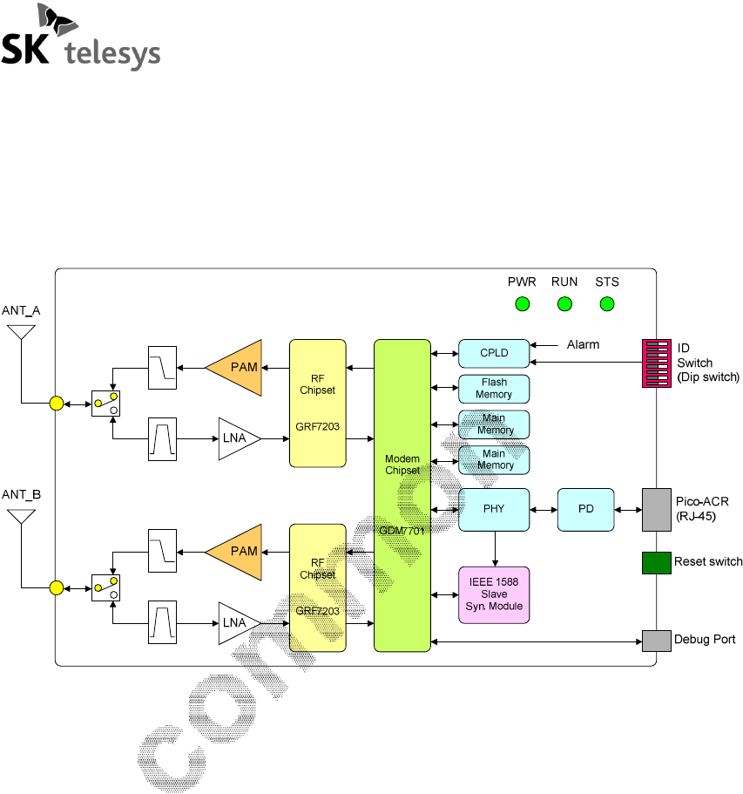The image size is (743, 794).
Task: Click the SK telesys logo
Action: tap(81, 38)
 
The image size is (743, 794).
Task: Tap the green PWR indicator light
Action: tap(522, 303)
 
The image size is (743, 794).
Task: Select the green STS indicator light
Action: tap(607, 303)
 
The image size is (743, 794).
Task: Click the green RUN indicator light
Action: tap(564, 303)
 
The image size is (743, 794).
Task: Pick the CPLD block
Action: tap(493, 353)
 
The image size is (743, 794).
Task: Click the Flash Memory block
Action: tap(493, 389)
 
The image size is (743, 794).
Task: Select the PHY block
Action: tap(493, 509)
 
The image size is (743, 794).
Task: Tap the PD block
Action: tap(585, 509)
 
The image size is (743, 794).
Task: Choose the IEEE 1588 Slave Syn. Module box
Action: tap(493, 594)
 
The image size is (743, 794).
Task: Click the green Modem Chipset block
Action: tap(402, 495)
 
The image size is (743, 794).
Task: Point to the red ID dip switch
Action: tap(656, 363)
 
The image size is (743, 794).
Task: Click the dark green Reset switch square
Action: tap(656, 562)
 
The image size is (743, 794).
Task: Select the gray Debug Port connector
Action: tap(656, 641)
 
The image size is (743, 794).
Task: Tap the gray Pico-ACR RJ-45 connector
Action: tap(656, 509)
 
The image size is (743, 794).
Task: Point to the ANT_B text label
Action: tap(21, 494)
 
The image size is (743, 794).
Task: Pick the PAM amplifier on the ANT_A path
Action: tap(238, 367)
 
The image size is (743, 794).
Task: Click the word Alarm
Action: tap(583, 344)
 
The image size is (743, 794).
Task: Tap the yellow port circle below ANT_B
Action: tap(56, 587)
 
